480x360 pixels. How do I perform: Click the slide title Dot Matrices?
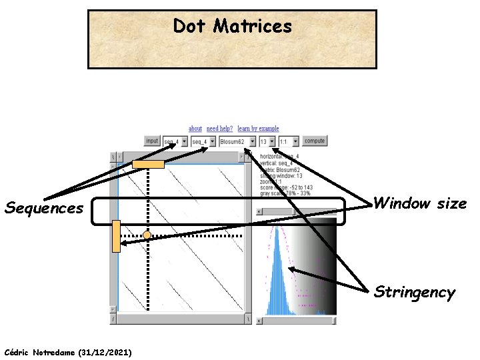[232, 26]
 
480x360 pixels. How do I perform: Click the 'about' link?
[195, 128]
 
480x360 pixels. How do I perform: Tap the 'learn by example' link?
[258, 128]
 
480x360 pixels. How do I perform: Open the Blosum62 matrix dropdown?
[237, 141]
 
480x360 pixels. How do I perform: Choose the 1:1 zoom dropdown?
[289, 141]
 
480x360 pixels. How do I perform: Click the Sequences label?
[44, 208]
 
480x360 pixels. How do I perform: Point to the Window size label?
[420, 203]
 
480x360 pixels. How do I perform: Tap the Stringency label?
[414, 292]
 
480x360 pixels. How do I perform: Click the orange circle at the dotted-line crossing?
[147, 235]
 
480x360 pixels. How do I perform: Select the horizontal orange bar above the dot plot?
[148, 164]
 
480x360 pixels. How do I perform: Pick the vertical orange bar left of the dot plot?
[116, 236]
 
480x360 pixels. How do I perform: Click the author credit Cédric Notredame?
[67, 351]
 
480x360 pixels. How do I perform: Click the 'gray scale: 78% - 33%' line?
[285, 195]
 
